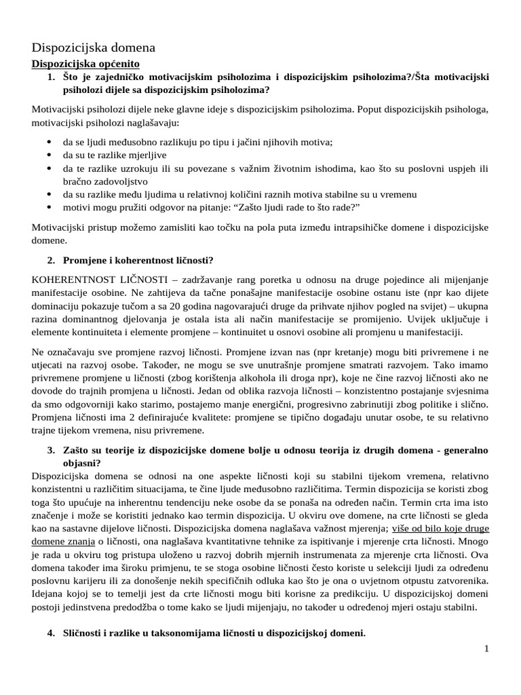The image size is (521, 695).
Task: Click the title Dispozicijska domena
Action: [94, 48]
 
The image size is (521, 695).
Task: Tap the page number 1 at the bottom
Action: [486, 650]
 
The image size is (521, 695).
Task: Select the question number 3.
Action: [51, 450]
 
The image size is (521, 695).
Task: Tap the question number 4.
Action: [51, 633]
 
